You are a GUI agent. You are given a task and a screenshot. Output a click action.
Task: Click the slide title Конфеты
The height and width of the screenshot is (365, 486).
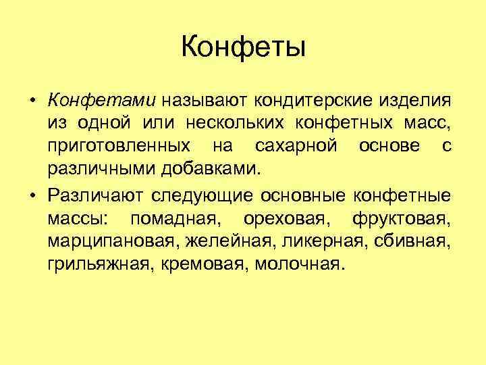click(243, 47)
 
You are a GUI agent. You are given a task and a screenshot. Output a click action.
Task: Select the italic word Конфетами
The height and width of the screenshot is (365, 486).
click(101, 101)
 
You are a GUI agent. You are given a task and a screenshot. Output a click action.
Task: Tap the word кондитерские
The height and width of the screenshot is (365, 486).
click(310, 101)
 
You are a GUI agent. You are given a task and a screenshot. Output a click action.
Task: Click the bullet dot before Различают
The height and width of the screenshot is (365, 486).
click(32, 196)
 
